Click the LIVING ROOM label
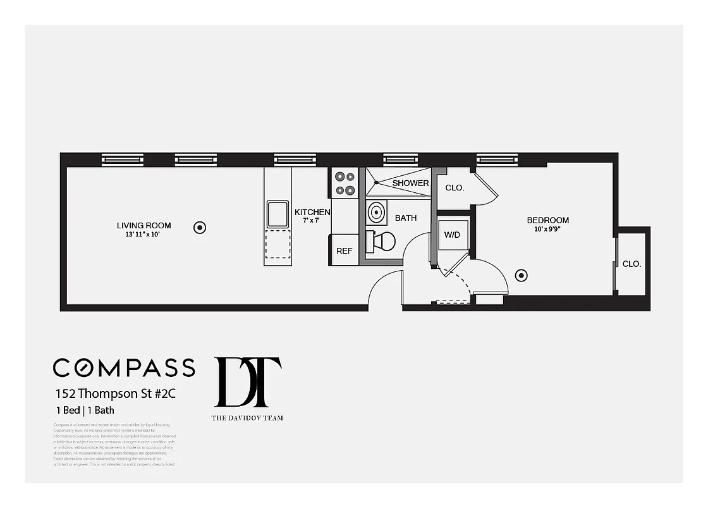pos(143,225)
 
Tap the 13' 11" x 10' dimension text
pos(143,235)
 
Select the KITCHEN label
pos(312,213)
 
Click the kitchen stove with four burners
pos(345,183)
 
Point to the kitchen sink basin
pos(278,214)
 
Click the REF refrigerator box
pos(344,251)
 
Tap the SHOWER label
pos(410,183)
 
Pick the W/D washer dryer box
pos(452,235)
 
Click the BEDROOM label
pos(547,220)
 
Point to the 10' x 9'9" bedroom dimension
pos(547,230)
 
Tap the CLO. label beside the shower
pos(455,188)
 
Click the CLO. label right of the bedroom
pos(632,264)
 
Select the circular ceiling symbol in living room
pos(200,227)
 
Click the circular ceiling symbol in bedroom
pos(522,275)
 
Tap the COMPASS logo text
pos(124,367)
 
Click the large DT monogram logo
pos(248,383)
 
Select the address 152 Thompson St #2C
pos(114,393)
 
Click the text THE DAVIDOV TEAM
pos(247,417)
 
